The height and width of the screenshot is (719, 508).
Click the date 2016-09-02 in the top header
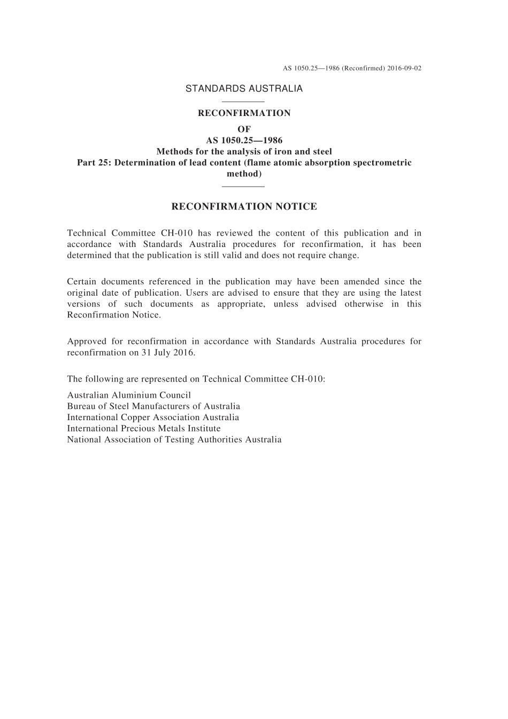[x=404, y=68]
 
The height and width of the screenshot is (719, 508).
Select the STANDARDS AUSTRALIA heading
[x=244, y=89]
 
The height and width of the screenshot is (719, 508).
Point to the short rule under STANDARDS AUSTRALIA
[x=243, y=102]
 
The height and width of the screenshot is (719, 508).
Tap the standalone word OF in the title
[x=244, y=129]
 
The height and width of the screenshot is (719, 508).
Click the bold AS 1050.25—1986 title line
[x=244, y=141]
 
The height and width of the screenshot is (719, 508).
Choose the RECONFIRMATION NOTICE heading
[x=244, y=206]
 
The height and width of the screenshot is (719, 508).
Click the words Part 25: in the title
[x=90, y=163]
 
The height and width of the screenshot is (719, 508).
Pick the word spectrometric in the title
[x=382, y=163]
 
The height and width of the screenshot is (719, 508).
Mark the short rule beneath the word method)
[x=243, y=186]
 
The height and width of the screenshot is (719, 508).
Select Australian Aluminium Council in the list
[x=129, y=395]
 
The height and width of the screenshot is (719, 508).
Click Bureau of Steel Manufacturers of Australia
[x=153, y=406]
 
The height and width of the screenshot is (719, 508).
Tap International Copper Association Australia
[x=153, y=418]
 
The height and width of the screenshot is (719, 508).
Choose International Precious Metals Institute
[x=144, y=428]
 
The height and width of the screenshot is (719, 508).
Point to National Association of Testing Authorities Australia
[x=174, y=439]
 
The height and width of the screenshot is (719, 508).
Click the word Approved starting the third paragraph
[x=87, y=341]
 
